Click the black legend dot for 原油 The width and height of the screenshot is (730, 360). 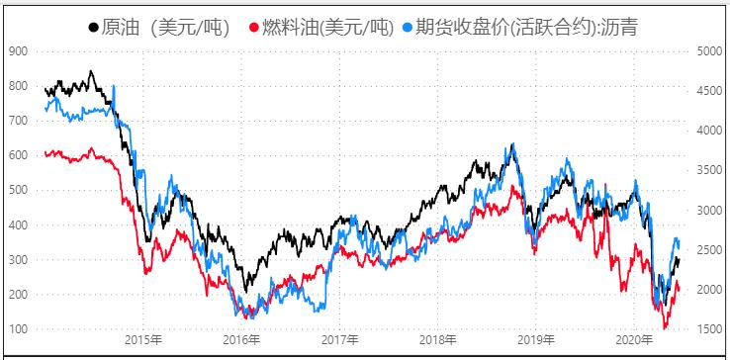(x=94, y=28)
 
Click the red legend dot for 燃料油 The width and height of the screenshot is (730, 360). (x=254, y=28)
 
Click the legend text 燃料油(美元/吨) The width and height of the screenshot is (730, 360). (x=327, y=28)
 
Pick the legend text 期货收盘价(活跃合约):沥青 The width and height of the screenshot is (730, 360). (x=525, y=28)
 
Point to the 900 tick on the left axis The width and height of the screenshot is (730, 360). (x=17, y=50)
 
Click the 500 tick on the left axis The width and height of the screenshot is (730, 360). (x=17, y=190)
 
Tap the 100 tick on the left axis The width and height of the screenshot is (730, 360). (x=17, y=329)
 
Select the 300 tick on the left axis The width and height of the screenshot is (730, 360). (x=17, y=260)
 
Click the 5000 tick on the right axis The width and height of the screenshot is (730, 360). (x=709, y=50)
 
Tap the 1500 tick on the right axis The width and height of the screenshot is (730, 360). (x=709, y=329)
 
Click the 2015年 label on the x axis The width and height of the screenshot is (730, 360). (x=143, y=340)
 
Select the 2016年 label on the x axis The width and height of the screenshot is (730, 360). (x=241, y=340)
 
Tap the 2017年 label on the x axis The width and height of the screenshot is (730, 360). (x=339, y=340)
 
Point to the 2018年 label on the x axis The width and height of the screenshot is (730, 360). (x=436, y=340)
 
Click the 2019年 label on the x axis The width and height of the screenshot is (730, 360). (x=534, y=340)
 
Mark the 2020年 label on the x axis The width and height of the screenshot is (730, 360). (x=632, y=340)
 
